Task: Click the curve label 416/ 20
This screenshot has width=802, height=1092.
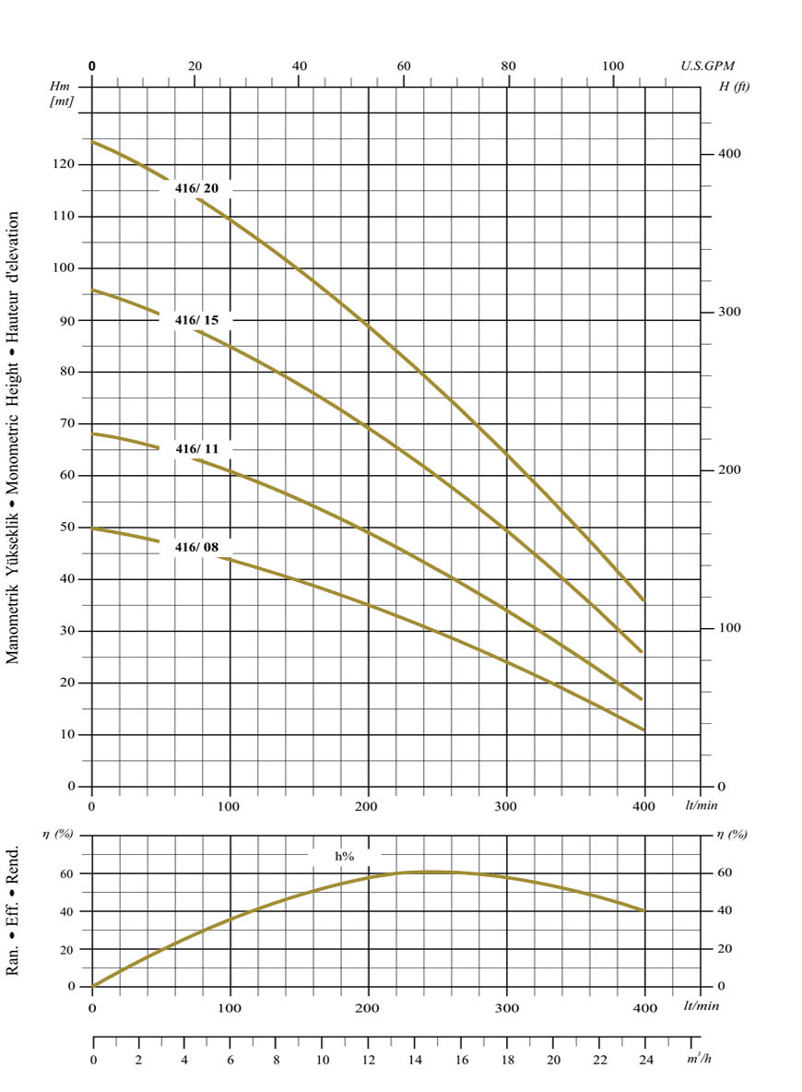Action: (197, 189)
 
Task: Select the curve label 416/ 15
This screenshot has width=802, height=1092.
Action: (197, 320)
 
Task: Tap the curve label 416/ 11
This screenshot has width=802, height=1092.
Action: (197, 449)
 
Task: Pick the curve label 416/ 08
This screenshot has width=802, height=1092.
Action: (197, 548)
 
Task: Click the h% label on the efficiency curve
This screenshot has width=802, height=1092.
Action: (345, 857)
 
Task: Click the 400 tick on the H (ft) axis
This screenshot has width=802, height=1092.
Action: (730, 154)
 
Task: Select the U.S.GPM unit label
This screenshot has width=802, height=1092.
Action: (708, 66)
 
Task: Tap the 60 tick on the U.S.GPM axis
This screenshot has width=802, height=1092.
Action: (404, 66)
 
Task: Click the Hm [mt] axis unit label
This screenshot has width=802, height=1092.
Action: (62, 93)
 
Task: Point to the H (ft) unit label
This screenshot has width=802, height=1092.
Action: (736, 86)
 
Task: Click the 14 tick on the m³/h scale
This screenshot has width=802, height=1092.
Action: (414, 1060)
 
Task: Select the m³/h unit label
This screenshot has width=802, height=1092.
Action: (698, 1058)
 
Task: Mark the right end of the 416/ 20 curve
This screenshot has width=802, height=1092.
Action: (644, 601)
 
